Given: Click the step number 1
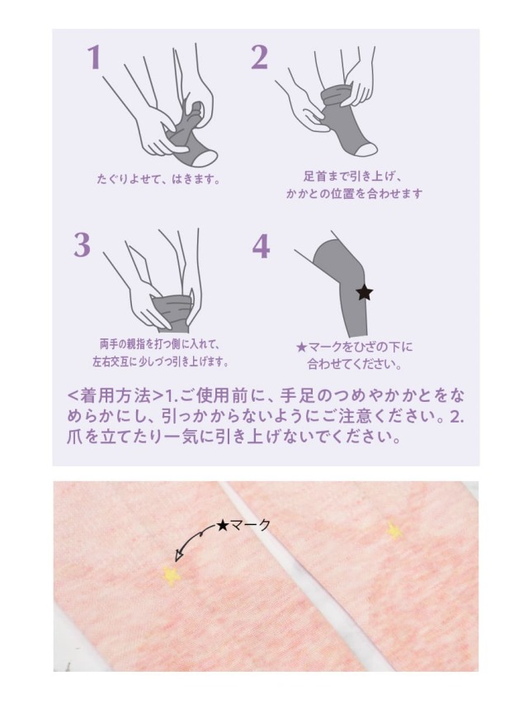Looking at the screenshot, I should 93,58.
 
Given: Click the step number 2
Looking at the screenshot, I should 259,58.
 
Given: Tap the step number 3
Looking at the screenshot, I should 81,245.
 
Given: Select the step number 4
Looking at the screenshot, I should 261,246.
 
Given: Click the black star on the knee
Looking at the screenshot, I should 365,291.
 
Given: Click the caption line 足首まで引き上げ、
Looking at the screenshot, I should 353,176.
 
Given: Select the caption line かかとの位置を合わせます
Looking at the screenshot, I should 354,194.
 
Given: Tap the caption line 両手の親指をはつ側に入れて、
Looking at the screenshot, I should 158,343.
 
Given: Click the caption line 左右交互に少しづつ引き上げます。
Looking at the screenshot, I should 160,361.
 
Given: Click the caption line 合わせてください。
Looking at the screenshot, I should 355,364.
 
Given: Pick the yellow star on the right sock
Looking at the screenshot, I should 394,530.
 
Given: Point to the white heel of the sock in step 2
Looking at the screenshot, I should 366,148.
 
